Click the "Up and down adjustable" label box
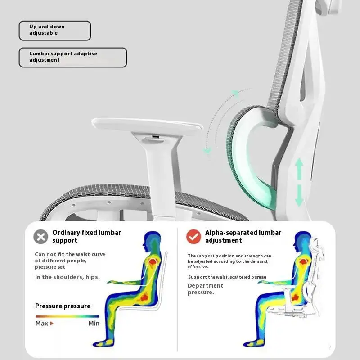(54, 30)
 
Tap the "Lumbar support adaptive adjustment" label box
(72, 57)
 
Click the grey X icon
(41, 237)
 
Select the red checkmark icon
(194, 237)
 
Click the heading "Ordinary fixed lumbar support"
(86, 236)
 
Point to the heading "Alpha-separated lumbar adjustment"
(243, 236)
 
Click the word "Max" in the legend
(42, 323)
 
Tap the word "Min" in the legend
(94, 323)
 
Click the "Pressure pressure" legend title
(63, 306)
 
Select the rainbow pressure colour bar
(67, 316)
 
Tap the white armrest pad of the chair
(146, 126)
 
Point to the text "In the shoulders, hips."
(67, 277)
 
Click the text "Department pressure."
(205, 289)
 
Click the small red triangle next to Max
(52, 323)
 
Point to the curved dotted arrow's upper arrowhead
(234, 94)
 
